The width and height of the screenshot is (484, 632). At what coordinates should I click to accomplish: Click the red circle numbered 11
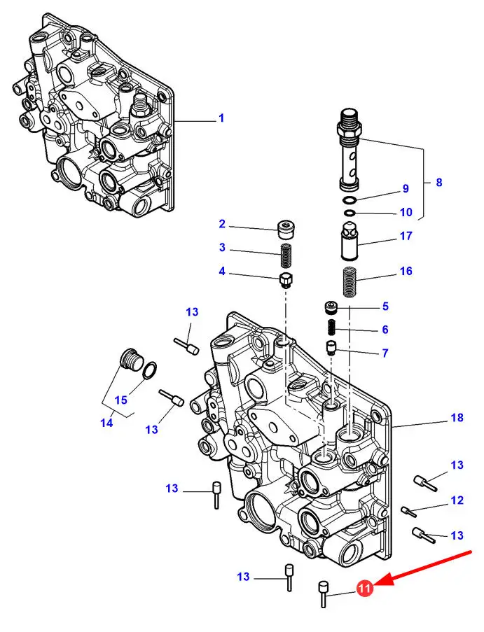tap(364, 589)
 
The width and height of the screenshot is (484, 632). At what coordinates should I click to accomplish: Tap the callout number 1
tap(221, 118)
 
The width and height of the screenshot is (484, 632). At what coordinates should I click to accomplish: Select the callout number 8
tap(439, 183)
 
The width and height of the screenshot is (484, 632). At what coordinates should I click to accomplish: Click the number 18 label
tap(457, 418)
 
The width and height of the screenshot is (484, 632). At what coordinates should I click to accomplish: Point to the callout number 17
tap(406, 236)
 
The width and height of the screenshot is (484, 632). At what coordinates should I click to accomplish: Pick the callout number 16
tap(406, 271)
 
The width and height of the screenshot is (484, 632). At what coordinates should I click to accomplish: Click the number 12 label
tap(457, 500)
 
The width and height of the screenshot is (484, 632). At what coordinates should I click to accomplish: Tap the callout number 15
tap(121, 400)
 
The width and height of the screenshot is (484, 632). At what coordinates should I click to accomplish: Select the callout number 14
tap(107, 423)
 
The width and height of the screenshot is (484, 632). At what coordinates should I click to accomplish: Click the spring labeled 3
tap(286, 255)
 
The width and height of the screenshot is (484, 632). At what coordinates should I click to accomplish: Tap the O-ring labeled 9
tap(350, 200)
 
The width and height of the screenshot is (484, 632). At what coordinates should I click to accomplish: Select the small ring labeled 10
tap(350, 212)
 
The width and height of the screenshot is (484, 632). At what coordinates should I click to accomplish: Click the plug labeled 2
tap(286, 229)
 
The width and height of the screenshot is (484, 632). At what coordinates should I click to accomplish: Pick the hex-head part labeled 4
tap(286, 280)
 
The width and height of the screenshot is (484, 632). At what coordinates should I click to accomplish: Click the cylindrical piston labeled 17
tap(350, 241)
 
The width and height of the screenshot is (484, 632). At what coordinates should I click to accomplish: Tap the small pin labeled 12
tap(409, 511)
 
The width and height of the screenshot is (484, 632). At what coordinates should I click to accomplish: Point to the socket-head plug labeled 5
tap(331, 309)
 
